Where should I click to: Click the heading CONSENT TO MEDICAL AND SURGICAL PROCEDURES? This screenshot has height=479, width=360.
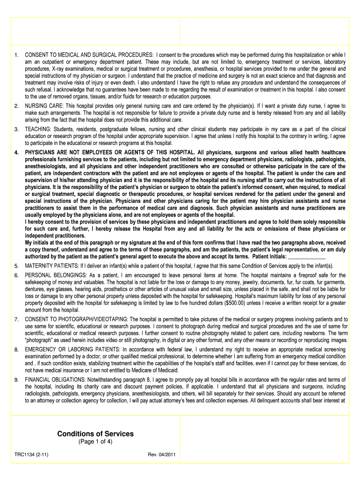click(x=89, y=55)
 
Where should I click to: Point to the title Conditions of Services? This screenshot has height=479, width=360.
click(x=95, y=434)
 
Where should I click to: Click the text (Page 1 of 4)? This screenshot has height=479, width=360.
click(x=95, y=442)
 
